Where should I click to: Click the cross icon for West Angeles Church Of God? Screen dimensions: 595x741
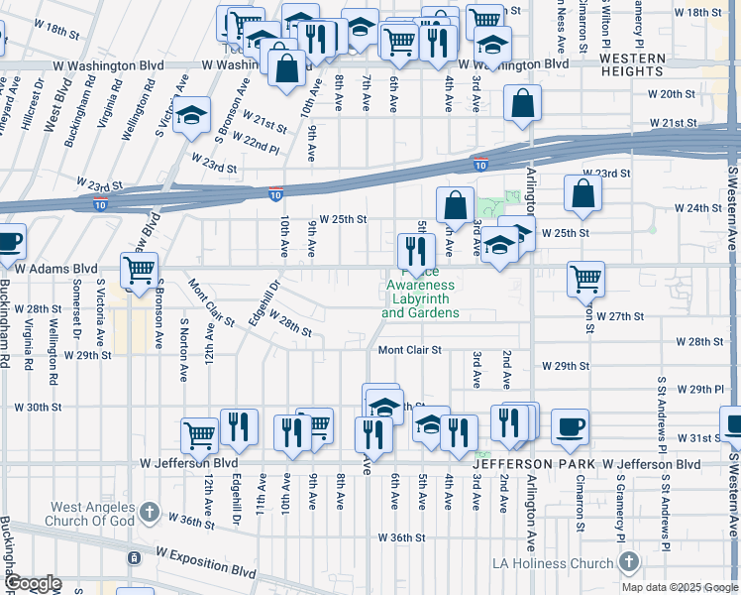pyautogui.click(x=149, y=513)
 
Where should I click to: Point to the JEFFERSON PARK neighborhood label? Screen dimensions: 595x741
pyautogui.click(x=534, y=464)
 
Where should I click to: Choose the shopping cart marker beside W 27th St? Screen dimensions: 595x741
pyautogui.click(x=586, y=279)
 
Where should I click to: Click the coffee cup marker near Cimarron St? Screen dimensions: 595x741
pyautogui.click(x=570, y=426)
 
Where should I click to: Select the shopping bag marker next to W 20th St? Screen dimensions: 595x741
pyautogui.click(x=522, y=103)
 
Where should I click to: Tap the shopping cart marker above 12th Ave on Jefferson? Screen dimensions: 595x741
pyautogui.click(x=199, y=434)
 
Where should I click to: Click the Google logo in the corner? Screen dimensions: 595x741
pyautogui.click(x=34, y=583)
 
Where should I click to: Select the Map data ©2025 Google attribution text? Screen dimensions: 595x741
pyautogui.click(x=680, y=587)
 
